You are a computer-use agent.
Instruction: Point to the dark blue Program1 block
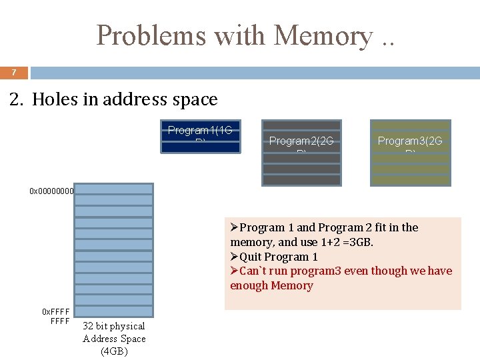coord(200,137)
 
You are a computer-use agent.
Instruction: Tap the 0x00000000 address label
coord(51,191)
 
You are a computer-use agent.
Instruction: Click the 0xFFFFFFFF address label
coord(56,316)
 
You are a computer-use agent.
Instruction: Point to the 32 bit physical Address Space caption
coord(114,332)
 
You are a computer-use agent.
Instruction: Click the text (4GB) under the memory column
coord(114,351)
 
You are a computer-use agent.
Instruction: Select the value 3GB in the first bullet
coord(359,242)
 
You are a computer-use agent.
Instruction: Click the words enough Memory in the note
coord(271,285)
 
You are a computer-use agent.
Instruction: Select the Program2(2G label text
coord(301,141)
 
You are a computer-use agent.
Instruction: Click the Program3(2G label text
coord(410,141)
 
